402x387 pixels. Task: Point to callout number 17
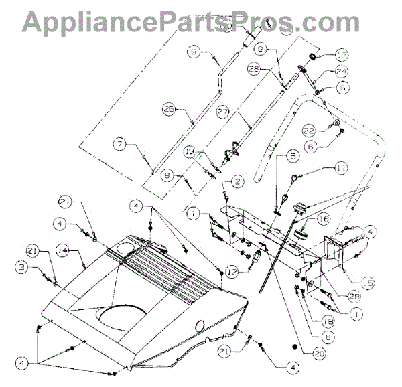pyautogui.click(x=342, y=56)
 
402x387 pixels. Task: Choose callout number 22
pyautogui.click(x=310, y=128)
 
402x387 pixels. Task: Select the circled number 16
pyautogui.click(x=324, y=219)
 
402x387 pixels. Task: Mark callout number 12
pyautogui.click(x=232, y=272)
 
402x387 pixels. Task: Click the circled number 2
pyautogui.click(x=237, y=181)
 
